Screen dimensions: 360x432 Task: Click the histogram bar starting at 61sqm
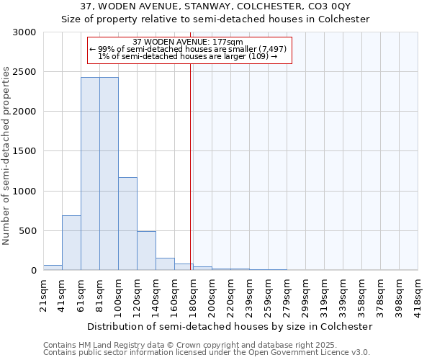tap(90, 173)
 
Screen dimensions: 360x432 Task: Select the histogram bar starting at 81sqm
tap(109, 173)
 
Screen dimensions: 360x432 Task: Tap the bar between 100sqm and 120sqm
tap(127, 223)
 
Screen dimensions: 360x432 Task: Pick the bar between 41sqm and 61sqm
tap(71, 243)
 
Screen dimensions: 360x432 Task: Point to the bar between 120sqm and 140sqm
tap(146, 251)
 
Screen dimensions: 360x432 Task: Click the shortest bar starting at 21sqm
tap(53, 268)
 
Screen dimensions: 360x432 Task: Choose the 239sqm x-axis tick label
tap(249, 295)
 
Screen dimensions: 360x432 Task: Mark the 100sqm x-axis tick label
tap(118, 295)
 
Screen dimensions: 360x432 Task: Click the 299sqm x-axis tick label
tap(305, 295)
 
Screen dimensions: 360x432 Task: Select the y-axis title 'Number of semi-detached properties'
tap(6, 156)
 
